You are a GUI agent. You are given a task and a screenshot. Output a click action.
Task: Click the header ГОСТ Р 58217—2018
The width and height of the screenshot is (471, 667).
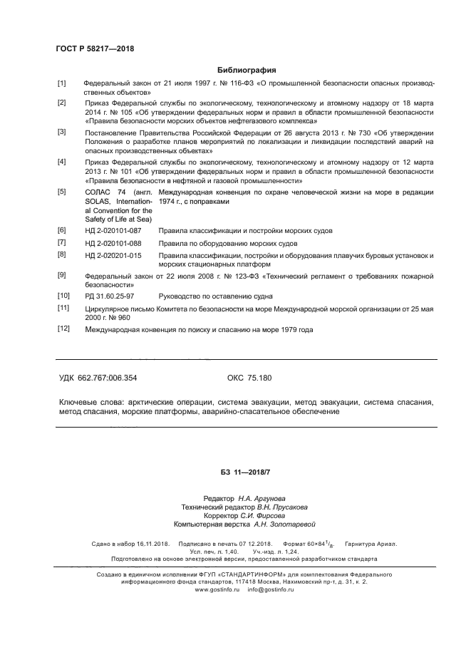(x=94, y=49)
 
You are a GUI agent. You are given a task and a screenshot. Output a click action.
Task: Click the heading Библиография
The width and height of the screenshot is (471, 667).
(x=236, y=70)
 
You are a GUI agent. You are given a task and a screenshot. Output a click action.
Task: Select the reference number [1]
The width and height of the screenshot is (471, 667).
(x=62, y=83)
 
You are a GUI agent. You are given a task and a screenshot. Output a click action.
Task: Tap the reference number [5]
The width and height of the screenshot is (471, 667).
(x=62, y=192)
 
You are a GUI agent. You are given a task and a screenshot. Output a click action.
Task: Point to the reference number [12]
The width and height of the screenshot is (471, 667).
(x=63, y=330)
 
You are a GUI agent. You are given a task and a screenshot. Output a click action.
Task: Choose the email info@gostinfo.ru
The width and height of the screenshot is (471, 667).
(x=271, y=590)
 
